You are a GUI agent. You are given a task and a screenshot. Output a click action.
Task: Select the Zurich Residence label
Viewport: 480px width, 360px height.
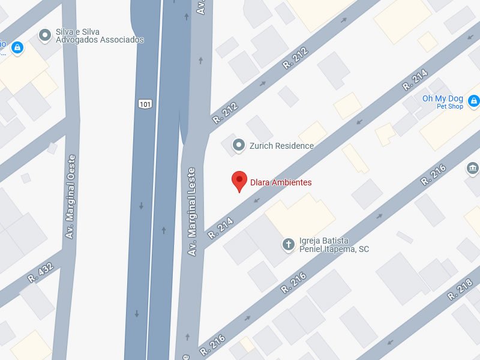[281, 146]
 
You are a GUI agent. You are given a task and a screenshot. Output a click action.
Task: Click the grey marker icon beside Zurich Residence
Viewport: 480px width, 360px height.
[239, 145]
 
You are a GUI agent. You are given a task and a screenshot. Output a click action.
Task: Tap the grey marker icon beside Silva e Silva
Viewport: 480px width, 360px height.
[44, 35]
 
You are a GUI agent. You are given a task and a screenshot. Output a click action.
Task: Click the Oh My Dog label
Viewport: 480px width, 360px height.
[443, 98]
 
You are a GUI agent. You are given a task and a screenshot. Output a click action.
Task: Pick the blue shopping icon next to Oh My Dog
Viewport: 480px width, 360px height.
[474, 100]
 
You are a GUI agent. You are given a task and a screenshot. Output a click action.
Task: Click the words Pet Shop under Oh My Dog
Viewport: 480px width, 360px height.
[450, 107]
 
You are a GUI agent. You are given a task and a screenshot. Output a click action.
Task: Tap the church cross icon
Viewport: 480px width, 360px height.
[289, 244]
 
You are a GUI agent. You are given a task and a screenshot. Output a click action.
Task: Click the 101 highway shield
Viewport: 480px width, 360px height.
[145, 104]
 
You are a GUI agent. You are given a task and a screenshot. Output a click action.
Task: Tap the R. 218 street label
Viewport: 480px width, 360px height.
[461, 290]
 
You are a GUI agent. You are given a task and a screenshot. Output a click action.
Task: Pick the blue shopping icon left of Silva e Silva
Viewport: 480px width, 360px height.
[17, 46]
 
